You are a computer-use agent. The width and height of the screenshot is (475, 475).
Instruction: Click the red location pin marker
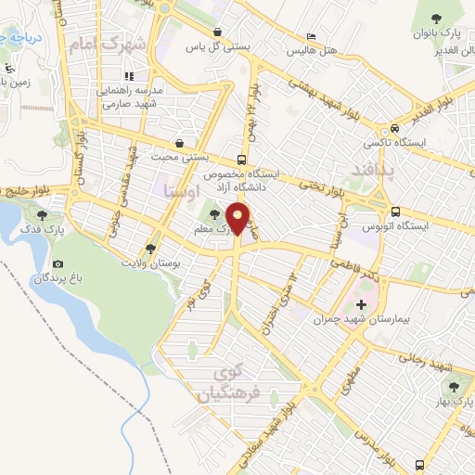point(238,221)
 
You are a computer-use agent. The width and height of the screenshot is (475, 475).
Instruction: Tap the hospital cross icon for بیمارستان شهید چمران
point(362,303)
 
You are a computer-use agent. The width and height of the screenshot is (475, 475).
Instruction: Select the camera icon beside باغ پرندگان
point(58,264)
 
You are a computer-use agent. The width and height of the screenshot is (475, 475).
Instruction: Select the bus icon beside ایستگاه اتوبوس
point(395,212)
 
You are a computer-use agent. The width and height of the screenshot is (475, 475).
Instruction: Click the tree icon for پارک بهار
point(454,387)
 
